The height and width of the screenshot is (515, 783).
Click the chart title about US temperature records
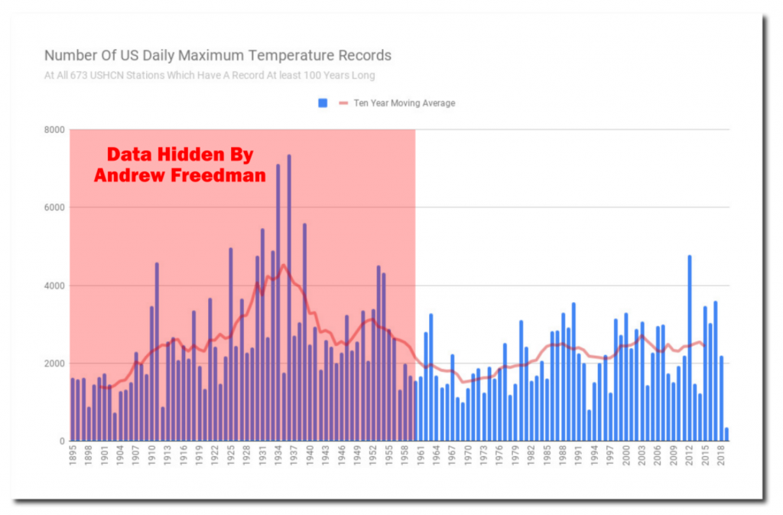pos(218,56)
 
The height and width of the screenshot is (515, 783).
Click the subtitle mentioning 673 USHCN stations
pos(210,75)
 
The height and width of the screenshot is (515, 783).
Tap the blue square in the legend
pos(322,103)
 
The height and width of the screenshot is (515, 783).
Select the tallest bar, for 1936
pos(289,298)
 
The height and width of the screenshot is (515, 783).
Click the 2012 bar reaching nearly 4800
pos(689,348)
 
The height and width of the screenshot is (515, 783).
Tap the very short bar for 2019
pos(726,435)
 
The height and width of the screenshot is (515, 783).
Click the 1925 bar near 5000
pos(230,344)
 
